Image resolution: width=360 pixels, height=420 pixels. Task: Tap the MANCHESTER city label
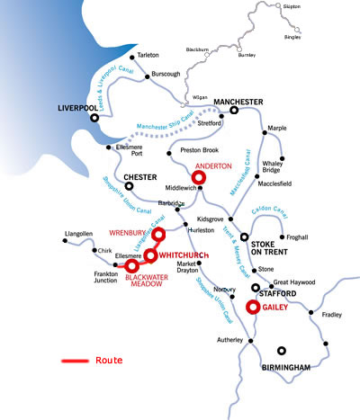[238, 101]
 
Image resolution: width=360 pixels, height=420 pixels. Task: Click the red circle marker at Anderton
[199, 178]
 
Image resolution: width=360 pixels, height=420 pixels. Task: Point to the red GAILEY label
[275, 306]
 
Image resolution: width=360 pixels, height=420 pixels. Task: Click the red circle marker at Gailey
[253, 308]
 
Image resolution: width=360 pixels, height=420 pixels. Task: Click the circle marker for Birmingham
[282, 352]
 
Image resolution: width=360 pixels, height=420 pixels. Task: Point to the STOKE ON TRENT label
[267, 248]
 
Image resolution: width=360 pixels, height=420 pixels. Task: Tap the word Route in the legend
[108, 361]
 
